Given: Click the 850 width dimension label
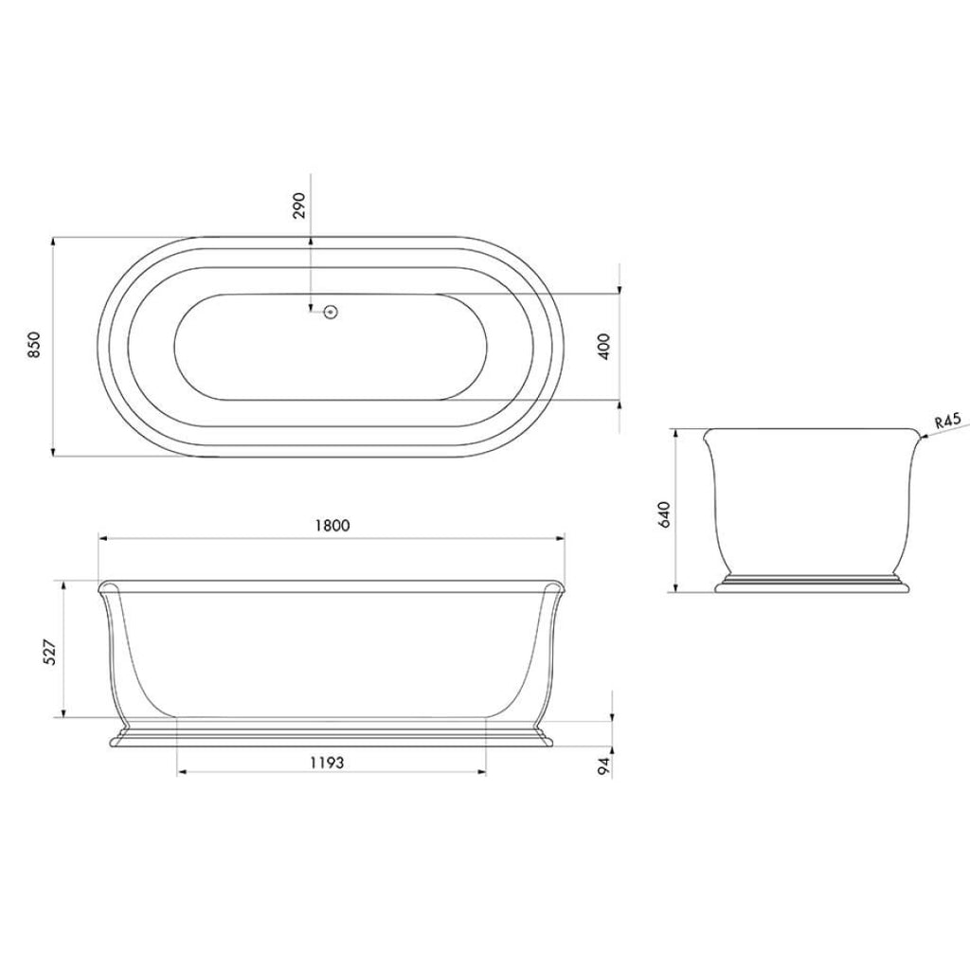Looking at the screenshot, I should (35, 347).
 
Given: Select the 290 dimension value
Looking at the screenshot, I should (299, 206).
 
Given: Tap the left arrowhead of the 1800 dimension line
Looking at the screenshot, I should (102, 538).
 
